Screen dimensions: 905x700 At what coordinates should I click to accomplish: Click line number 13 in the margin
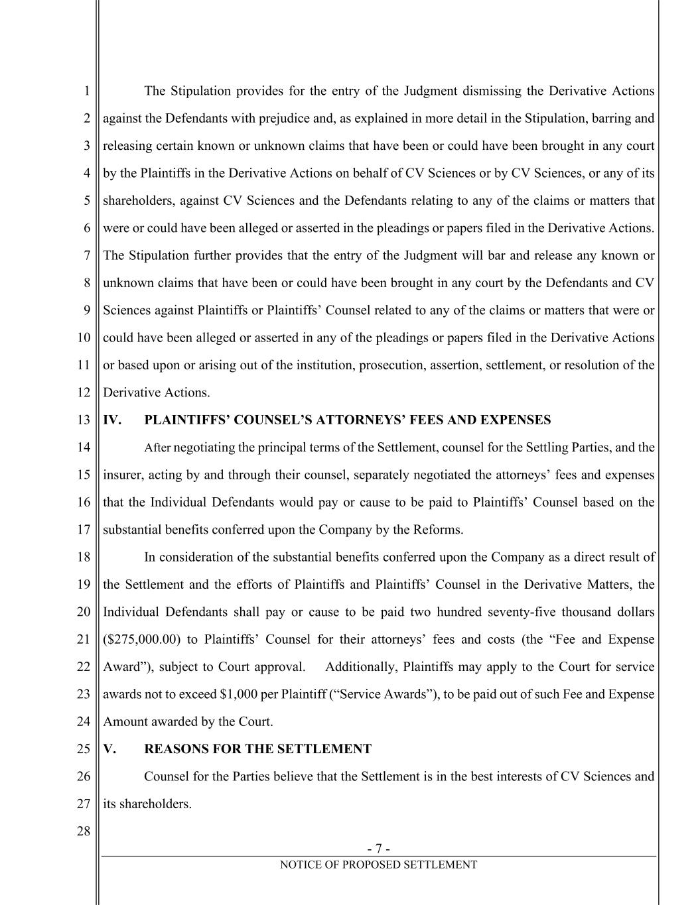tap(83, 420)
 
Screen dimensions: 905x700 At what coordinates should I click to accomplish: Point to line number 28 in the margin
tap(83, 831)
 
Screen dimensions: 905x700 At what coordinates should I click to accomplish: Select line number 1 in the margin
tap(86, 91)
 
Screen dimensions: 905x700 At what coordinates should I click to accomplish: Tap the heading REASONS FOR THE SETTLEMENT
tap(257, 749)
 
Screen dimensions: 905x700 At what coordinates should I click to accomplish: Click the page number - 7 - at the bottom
tap(378, 849)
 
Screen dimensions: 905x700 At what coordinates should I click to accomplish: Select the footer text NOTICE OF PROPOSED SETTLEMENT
tap(378, 865)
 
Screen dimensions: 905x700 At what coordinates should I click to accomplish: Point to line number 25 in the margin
tap(83, 749)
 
